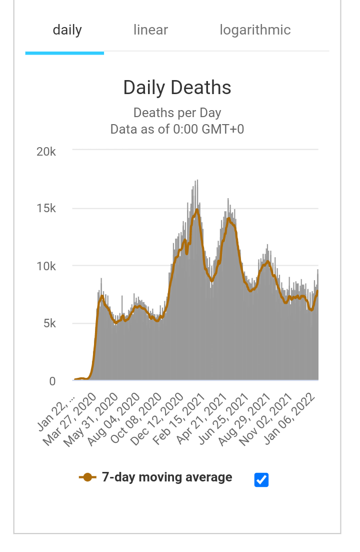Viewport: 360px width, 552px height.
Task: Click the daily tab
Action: tap(67, 30)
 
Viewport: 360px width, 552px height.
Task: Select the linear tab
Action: tap(150, 30)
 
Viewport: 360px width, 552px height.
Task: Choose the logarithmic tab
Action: tap(255, 30)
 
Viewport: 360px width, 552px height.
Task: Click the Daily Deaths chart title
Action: tap(177, 88)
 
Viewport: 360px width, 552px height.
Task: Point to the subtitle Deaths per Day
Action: tap(177, 113)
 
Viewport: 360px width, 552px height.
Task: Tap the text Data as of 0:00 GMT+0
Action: tap(177, 129)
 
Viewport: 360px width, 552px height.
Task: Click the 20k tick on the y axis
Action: tap(46, 151)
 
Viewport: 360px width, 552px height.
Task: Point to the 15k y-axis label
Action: tap(46, 209)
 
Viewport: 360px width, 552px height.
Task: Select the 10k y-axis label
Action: tap(46, 266)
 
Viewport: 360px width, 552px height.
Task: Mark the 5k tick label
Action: tap(48, 324)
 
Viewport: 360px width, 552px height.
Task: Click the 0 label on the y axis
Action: tap(52, 381)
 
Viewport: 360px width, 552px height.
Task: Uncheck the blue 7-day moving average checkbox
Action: tap(261, 479)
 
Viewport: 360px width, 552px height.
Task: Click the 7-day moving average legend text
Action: tap(167, 477)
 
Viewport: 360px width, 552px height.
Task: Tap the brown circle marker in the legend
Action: tap(87, 477)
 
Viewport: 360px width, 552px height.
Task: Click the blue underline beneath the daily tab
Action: tap(64, 53)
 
